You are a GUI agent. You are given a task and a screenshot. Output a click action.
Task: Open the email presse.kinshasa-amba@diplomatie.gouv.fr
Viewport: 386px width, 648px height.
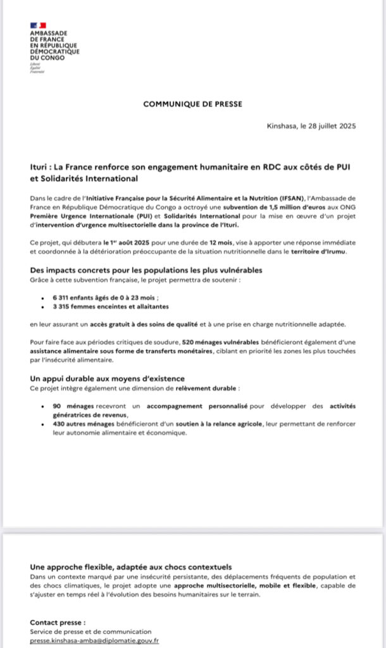click(x=94, y=640)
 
